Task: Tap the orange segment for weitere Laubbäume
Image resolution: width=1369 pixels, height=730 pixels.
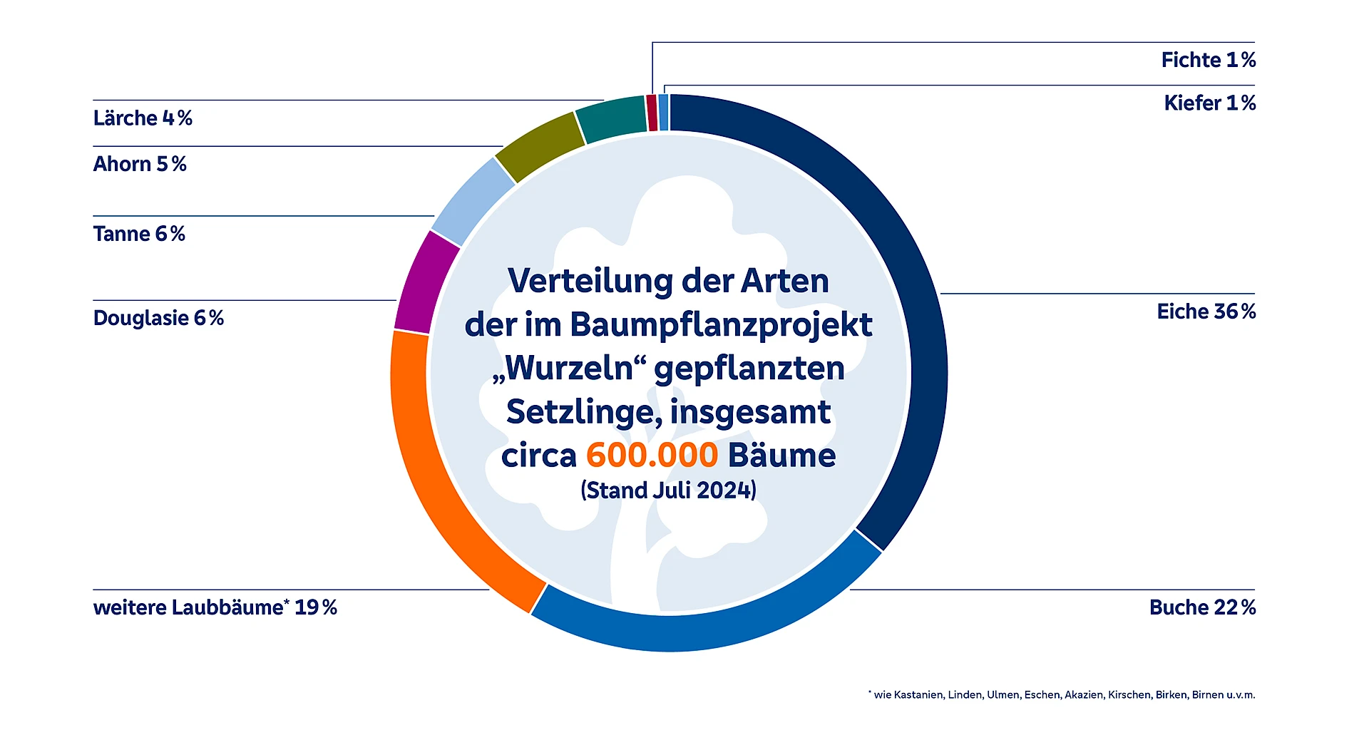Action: (435, 485)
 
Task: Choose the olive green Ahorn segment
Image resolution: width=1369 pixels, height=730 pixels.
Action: (540, 146)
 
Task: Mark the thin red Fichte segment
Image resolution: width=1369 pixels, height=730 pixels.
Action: (652, 113)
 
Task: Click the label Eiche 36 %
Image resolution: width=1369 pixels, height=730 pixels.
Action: (1206, 312)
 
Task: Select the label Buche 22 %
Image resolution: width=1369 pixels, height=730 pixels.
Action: (1202, 607)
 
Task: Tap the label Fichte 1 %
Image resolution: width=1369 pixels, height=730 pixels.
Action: (1208, 60)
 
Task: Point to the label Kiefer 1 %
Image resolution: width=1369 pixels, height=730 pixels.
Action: (1209, 103)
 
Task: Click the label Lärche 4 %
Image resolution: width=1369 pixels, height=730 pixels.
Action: (143, 118)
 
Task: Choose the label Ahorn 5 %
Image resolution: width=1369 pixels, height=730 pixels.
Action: (140, 164)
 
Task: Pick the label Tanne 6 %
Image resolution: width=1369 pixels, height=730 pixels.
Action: (139, 234)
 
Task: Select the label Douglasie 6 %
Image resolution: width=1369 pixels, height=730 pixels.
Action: (158, 318)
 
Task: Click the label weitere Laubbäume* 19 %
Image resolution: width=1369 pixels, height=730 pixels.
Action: (215, 607)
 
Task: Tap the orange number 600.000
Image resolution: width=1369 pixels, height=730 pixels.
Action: (652, 456)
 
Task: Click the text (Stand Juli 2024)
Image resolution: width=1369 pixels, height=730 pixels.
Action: (668, 490)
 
